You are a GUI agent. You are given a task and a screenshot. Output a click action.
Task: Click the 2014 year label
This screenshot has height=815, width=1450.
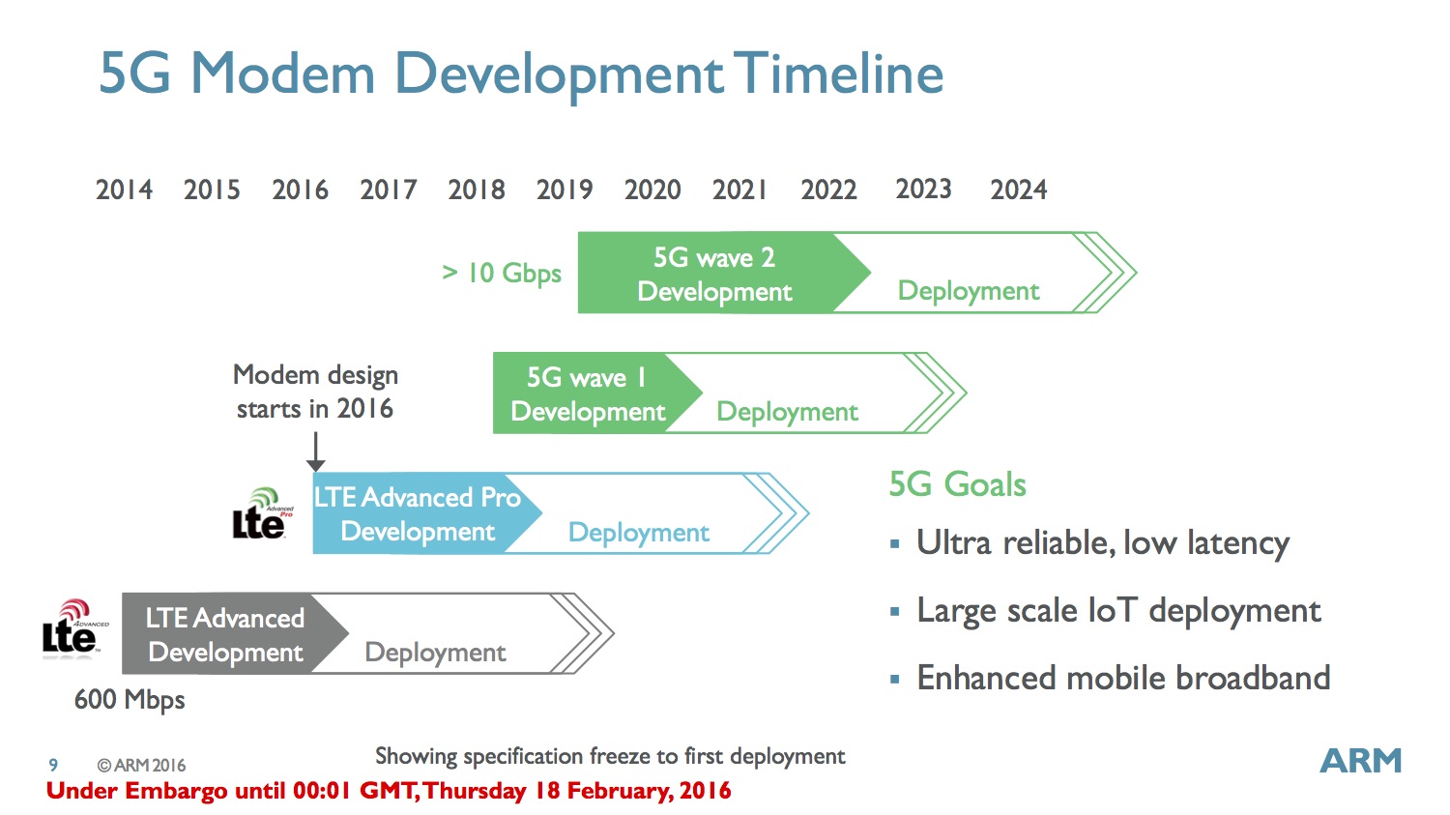pos(124,189)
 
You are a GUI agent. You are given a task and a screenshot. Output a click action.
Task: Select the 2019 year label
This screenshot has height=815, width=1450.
pos(565,189)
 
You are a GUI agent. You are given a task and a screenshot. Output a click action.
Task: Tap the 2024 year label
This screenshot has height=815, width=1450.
pos(1018,189)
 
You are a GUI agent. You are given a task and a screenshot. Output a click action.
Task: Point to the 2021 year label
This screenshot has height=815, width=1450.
pos(739,189)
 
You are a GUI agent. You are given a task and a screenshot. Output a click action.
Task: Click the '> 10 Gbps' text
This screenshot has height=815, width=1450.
pos(502,274)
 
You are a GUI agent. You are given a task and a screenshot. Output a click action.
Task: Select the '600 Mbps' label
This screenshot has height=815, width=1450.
pos(130,700)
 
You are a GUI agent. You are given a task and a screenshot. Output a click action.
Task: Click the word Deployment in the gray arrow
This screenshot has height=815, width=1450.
pos(435,653)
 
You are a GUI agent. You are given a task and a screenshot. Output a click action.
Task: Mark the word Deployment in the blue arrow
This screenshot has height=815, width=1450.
pos(639,533)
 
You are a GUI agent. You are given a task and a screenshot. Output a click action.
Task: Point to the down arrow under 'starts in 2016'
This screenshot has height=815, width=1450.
pos(315,451)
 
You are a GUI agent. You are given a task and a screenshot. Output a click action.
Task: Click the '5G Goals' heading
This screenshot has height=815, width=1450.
pos(957,484)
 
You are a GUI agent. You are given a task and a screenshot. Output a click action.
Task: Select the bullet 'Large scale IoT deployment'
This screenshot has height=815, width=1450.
pos(1118,610)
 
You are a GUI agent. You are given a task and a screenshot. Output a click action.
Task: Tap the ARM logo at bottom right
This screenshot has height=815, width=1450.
pos(1360,761)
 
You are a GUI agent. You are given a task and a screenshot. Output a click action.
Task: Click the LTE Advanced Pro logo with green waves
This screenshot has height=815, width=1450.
pos(262,513)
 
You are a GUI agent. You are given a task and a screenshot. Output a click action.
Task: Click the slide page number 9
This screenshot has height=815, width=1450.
pos(53,765)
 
